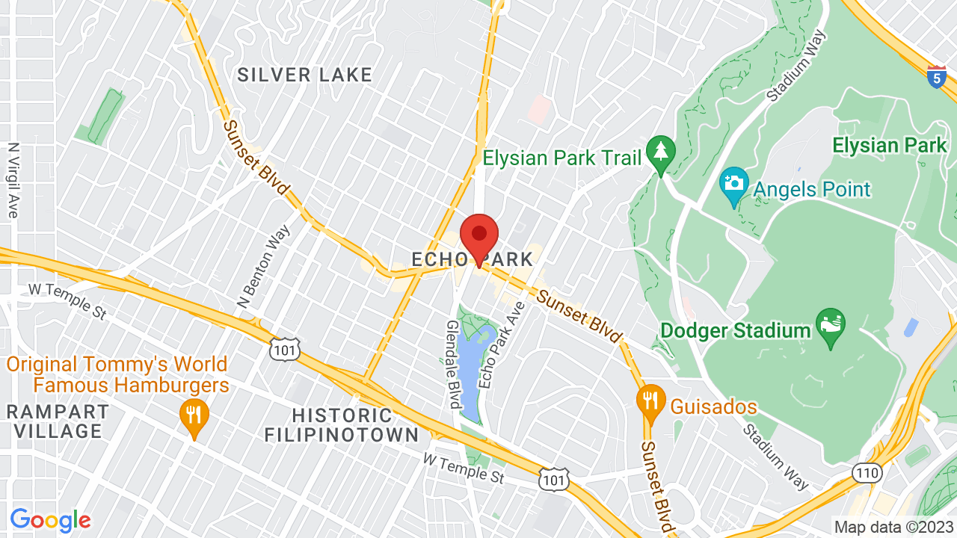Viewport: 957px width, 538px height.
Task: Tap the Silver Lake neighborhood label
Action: tap(304, 75)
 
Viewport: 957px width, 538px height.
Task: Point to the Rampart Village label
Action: tap(58, 421)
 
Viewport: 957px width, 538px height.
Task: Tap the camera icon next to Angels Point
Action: tap(734, 184)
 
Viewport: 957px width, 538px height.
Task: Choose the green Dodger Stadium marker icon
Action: tap(831, 327)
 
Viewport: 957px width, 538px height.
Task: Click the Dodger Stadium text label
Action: tap(736, 330)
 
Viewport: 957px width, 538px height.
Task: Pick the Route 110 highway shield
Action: tap(867, 472)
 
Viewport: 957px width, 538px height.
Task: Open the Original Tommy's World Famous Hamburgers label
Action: tap(118, 375)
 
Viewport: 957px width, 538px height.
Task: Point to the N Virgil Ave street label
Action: tap(13, 181)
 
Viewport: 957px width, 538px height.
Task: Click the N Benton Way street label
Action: tap(254, 267)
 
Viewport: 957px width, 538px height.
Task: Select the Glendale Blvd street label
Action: tap(454, 365)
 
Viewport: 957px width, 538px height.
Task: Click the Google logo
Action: tap(50, 520)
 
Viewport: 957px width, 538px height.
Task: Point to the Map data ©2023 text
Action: tap(893, 526)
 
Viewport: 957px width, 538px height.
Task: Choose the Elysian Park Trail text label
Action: tap(562, 158)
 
